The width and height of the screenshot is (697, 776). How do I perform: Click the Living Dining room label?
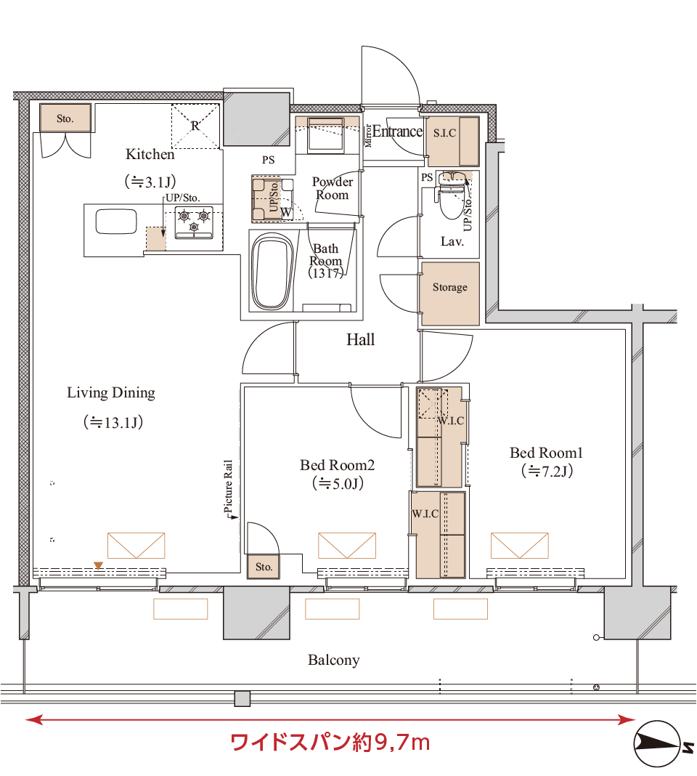coord(111,393)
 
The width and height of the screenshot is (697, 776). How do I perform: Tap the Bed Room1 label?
coord(546,453)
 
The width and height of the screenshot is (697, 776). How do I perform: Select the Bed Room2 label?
coord(337,465)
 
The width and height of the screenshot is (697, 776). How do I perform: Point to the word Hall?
coord(360,339)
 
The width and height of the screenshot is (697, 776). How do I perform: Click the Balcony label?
coord(333,660)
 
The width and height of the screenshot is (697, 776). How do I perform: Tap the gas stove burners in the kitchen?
coord(194,220)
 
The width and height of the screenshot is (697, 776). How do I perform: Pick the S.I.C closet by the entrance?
coord(452,140)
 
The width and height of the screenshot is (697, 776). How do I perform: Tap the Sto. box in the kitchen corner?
coord(65,118)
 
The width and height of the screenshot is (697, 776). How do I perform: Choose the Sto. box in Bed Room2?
coord(264,567)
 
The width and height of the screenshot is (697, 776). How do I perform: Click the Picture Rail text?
coord(228,489)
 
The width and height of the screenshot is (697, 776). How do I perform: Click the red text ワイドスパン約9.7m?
coord(330,743)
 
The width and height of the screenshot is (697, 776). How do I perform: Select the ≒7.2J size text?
coord(547,472)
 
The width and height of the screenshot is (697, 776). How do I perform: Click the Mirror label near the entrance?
coord(367,135)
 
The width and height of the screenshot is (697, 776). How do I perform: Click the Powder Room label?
coord(332,188)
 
